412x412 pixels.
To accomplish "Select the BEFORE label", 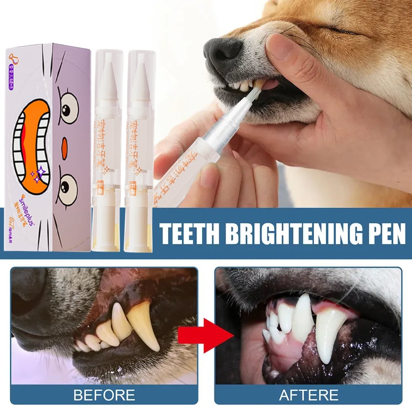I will tap(104, 395).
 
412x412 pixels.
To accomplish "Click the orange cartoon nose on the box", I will tap(64, 149).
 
